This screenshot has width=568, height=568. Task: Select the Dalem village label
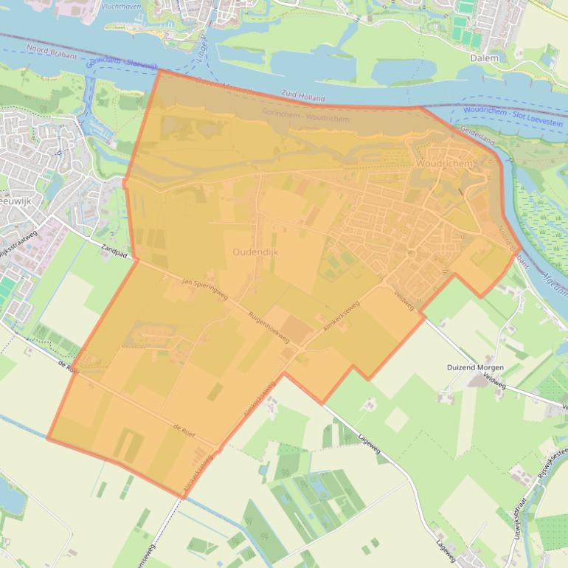(x=484, y=58)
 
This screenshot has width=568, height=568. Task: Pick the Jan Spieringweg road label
(x=204, y=289)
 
